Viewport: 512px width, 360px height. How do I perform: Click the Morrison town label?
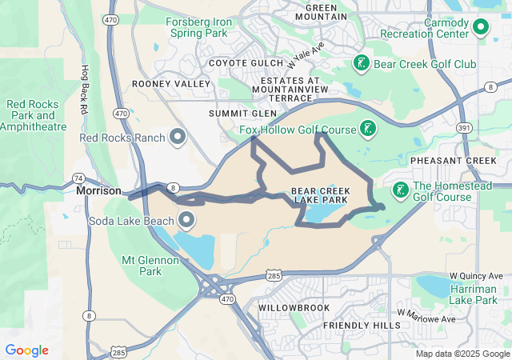coord(98,191)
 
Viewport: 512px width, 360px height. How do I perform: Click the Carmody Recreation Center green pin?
coord(480,29)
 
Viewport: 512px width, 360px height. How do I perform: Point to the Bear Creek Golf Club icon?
coord(361,63)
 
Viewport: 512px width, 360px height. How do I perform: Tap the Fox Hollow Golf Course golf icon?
coord(367,129)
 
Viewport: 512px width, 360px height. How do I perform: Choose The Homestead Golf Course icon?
coord(398,190)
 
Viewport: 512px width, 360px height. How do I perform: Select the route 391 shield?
coord(464,127)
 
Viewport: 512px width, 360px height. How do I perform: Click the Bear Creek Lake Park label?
coord(319,195)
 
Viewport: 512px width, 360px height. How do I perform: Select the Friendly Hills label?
coord(361,326)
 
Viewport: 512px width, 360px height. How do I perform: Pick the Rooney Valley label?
coord(171,83)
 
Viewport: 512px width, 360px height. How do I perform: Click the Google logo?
coord(26,350)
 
